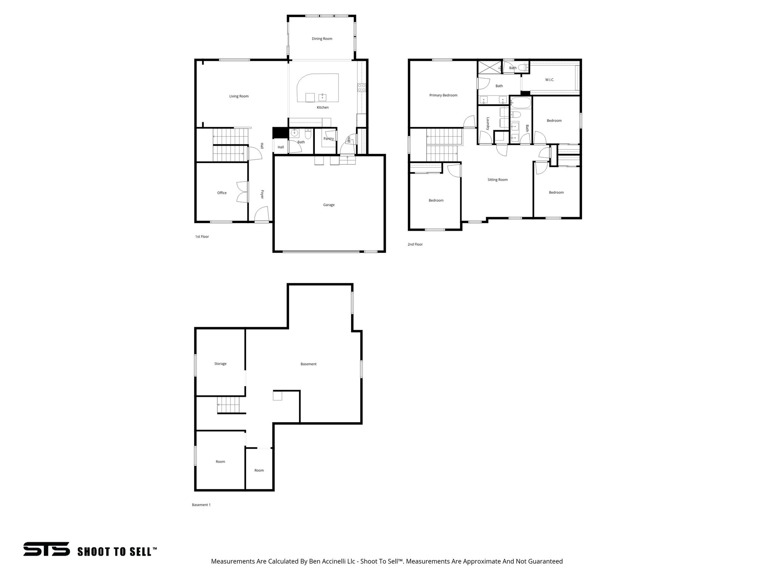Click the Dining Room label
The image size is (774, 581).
tap(322, 39)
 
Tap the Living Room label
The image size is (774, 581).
tap(239, 96)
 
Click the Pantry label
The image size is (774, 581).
tap(328, 138)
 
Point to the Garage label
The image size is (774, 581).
tap(328, 205)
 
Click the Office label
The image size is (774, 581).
tap(222, 193)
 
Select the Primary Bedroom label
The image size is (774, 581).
tap(443, 95)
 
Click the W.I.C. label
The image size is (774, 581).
tap(550, 80)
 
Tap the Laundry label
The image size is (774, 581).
tap(488, 124)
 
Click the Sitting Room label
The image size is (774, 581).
tap(497, 180)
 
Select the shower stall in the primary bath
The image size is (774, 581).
tap(490, 67)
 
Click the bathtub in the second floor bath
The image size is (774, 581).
tap(520, 102)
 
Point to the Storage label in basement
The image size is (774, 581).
tap(220, 364)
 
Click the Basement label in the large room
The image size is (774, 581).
tap(308, 364)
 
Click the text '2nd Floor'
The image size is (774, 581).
tap(415, 244)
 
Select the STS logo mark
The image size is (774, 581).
tap(46, 549)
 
